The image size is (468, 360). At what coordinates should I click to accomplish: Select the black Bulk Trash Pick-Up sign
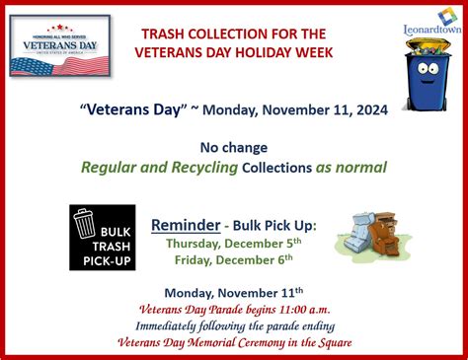click(x=103, y=238)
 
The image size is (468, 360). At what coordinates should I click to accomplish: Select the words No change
click(x=233, y=146)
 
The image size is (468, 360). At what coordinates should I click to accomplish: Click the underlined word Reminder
click(x=185, y=225)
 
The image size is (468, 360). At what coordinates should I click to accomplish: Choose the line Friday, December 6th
click(x=234, y=259)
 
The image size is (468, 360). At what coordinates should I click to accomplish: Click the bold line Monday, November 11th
click(x=234, y=292)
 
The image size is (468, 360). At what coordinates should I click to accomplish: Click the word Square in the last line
click(x=331, y=342)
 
